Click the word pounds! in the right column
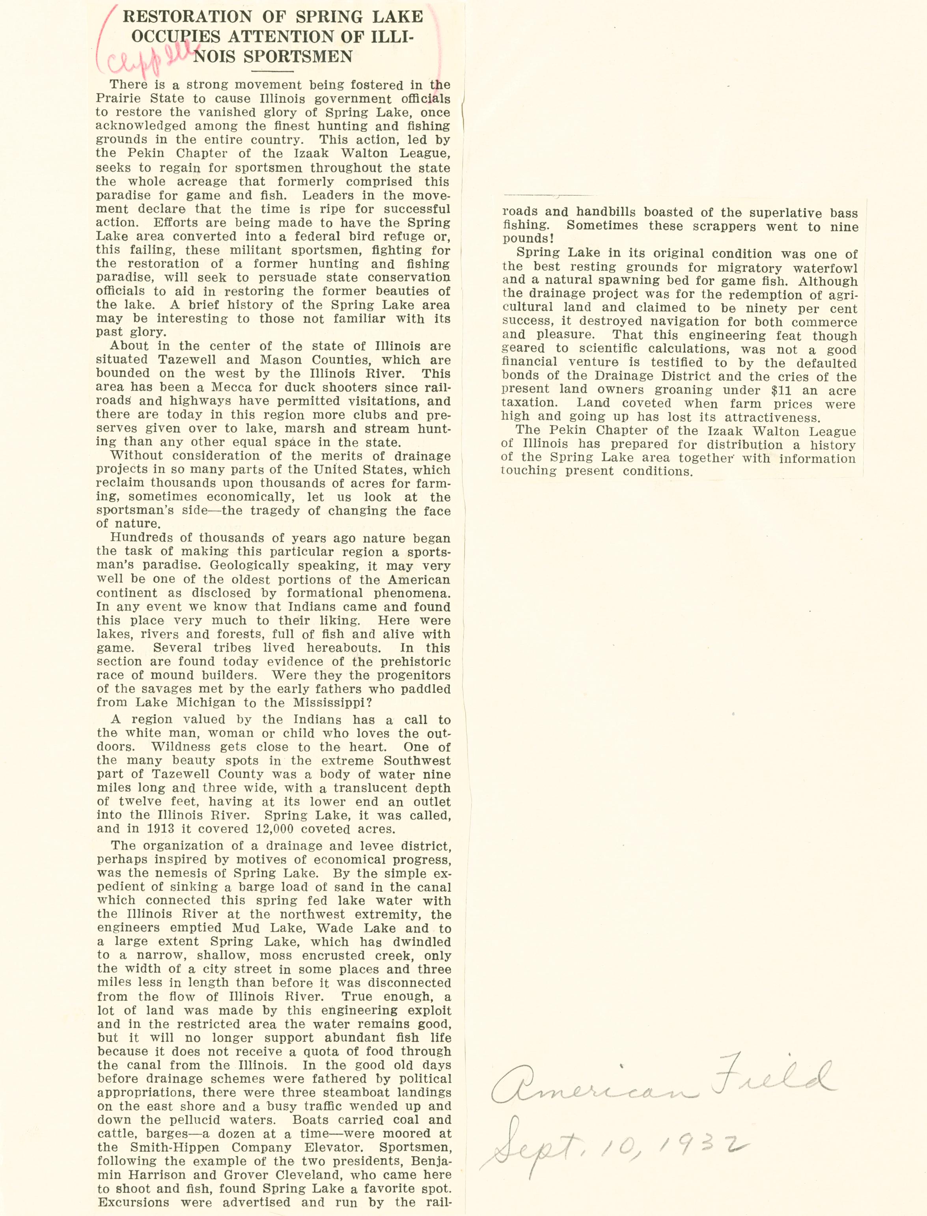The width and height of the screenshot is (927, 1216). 528,239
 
